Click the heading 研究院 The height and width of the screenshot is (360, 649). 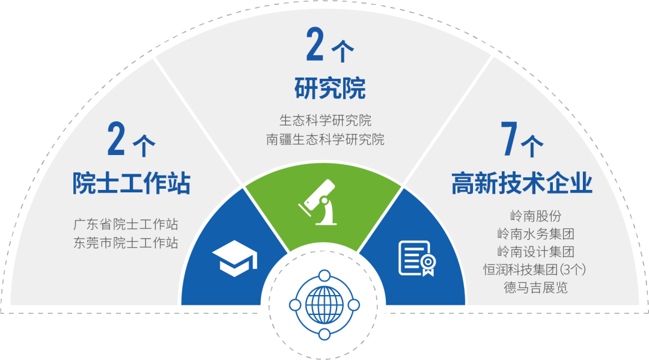(330, 88)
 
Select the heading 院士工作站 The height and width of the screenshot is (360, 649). (131, 183)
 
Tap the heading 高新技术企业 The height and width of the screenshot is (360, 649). (522, 183)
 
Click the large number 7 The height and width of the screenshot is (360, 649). (509, 139)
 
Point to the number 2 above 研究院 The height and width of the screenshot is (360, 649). (315, 44)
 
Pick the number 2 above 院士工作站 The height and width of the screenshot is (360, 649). (117, 139)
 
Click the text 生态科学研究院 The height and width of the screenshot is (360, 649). (325, 120)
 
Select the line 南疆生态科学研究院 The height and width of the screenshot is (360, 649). (325, 139)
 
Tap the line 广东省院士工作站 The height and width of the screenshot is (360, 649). (126, 224)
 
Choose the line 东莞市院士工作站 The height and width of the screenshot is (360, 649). (126, 242)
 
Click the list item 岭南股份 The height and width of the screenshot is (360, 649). (535, 216)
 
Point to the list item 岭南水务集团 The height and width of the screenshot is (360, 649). (535, 234)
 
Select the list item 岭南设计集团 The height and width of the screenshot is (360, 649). (535, 252)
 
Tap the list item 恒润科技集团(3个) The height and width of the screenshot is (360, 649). (535, 270)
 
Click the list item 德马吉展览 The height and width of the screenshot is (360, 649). (535, 288)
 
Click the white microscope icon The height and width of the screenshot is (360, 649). (320, 203)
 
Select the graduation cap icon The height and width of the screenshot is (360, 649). (235, 258)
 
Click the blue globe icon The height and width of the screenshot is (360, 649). (324, 305)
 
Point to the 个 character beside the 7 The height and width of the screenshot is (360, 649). (532, 146)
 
